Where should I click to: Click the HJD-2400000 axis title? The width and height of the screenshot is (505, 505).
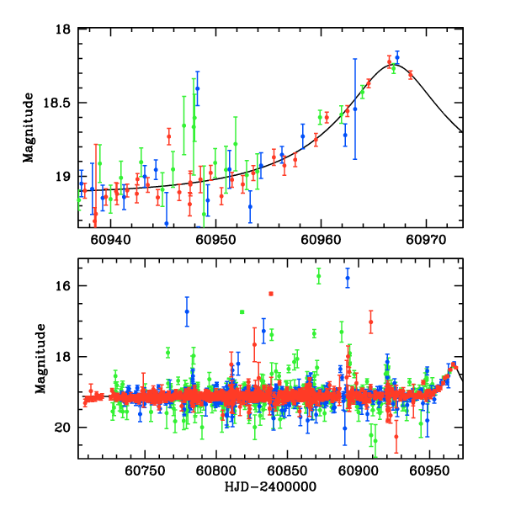coord(269,487)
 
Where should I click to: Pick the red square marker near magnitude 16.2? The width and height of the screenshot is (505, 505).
coord(271,293)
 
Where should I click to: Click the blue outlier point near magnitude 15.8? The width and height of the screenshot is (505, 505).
coord(347,279)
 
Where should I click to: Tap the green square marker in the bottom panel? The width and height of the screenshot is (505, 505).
coord(242,311)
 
